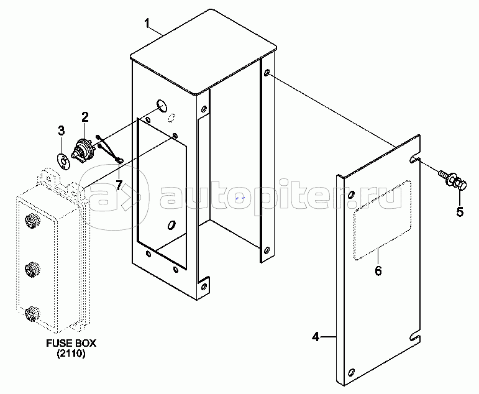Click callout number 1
click(x=147, y=24)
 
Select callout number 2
click(x=85, y=117)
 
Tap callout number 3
click(x=62, y=131)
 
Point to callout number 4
click(x=316, y=337)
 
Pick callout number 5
click(x=460, y=212)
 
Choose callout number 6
click(x=378, y=270)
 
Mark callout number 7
click(x=119, y=185)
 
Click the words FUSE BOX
click(x=71, y=343)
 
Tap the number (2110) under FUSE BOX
click(x=71, y=354)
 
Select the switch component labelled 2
click(x=83, y=151)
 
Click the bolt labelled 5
click(x=452, y=180)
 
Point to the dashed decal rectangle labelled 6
click(x=382, y=220)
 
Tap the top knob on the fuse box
click(x=32, y=221)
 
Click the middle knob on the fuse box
click(x=32, y=270)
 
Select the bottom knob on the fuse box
click(x=32, y=314)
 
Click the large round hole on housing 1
click(x=162, y=106)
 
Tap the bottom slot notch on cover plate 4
click(x=416, y=337)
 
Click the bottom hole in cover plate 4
click(x=351, y=372)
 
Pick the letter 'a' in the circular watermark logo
click(x=103, y=198)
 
